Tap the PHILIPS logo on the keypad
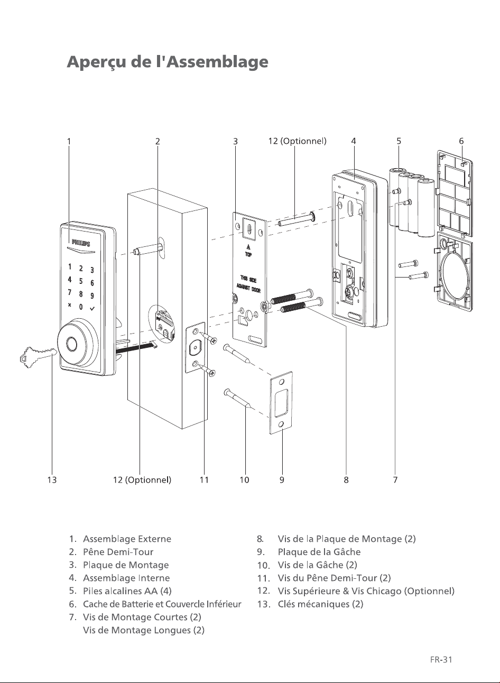pyautogui.click(x=81, y=243)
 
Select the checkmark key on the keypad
pyautogui.click(x=92, y=309)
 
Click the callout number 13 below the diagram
pyautogui.click(x=52, y=480)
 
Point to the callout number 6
pyautogui.click(x=461, y=141)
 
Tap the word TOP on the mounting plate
pyautogui.click(x=248, y=254)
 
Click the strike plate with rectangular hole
pyautogui.click(x=281, y=402)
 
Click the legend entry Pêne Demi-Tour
pyautogui.click(x=118, y=552)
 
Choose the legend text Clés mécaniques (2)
pyautogui.click(x=320, y=604)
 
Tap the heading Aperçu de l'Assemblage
pyautogui.click(x=168, y=62)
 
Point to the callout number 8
pyautogui.click(x=346, y=480)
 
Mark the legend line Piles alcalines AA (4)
pyautogui.click(x=127, y=591)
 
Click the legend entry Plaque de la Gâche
pyautogui.click(x=319, y=552)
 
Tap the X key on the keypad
pyautogui.click(x=70, y=304)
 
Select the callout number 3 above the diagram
pyautogui.click(x=235, y=141)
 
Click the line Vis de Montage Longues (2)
pyautogui.click(x=144, y=630)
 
